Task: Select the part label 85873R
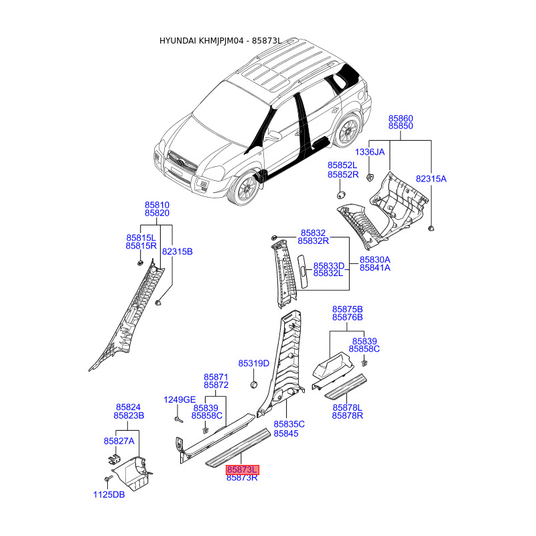click(242, 478)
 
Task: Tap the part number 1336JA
click(370, 152)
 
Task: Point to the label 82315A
click(431, 179)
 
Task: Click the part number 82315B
click(177, 251)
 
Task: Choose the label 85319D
click(254, 363)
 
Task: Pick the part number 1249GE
click(180, 399)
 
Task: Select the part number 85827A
click(119, 441)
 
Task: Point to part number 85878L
click(347, 407)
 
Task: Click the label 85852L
click(342, 165)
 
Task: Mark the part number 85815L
click(141, 238)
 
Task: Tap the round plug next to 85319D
click(255, 385)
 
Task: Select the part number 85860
click(401, 117)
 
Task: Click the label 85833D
click(328, 265)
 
